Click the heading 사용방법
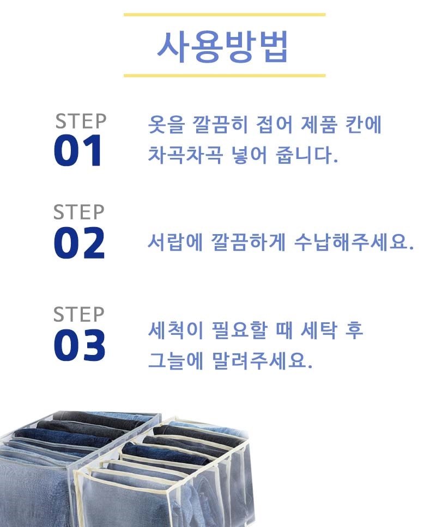pyautogui.click(x=222, y=47)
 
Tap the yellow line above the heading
pyautogui.click(x=225, y=15)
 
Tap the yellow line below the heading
pyautogui.click(x=225, y=76)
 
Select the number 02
pyautogui.click(x=80, y=242)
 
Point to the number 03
pyautogui.click(x=80, y=345)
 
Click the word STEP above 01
pyautogui.click(x=81, y=121)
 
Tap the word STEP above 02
pyautogui.click(x=78, y=212)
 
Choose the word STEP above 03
pyautogui.click(x=78, y=315)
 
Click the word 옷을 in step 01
pyautogui.click(x=166, y=124)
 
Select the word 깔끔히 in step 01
pyautogui.click(x=220, y=124)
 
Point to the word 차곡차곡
pyautogui.click(x=185, y=155)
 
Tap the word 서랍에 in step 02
pyautogui.click(x=175, y=241)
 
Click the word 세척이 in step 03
pyautogui.click(x=175, y=330)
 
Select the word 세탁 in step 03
pyautogui.click(x=318, y=330)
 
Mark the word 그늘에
pyautogui.click(x=175, y=360)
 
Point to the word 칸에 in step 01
pyautogui.click(x=364, y=124)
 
